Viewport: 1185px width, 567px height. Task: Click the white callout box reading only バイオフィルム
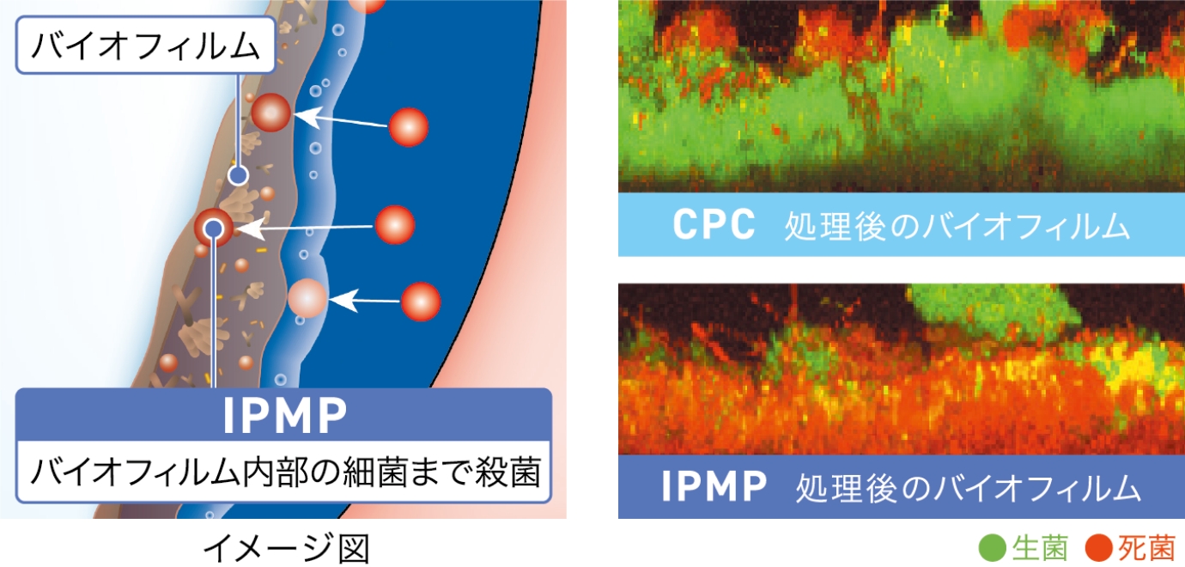144,47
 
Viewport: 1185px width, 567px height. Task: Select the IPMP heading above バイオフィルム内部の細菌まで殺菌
284,417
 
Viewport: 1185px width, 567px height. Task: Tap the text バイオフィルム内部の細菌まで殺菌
284,472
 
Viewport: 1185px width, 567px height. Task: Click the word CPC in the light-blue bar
714,225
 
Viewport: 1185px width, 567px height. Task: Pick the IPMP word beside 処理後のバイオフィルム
714,487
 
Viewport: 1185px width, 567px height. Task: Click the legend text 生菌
1040,547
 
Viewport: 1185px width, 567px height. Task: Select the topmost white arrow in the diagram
340,119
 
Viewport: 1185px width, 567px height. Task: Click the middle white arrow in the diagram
306,229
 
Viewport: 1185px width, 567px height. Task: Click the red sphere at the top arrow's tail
408,128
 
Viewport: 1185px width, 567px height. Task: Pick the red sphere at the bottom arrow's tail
421,302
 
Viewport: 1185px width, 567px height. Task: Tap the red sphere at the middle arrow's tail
395,225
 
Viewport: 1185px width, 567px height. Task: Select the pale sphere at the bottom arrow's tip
307,299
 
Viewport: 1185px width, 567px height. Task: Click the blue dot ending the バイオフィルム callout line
238,175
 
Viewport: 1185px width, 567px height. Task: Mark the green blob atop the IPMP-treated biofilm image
987,304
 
